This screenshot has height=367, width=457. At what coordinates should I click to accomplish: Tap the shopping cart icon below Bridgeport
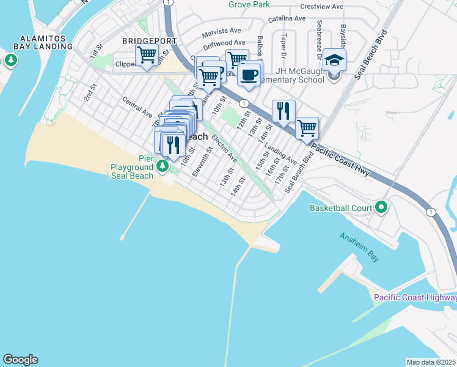(147, 56)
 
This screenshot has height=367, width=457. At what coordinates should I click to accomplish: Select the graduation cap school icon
(334, 61)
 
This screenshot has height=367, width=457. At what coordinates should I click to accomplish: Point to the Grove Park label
(249, 4)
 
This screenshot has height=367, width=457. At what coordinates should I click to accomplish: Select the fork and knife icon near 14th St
(283, 111)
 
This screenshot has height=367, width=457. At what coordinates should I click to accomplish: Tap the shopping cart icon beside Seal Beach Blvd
(306, 128)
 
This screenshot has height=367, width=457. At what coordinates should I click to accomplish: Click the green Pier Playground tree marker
(162, 166)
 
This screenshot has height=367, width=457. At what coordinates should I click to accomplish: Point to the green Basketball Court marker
(382, 208)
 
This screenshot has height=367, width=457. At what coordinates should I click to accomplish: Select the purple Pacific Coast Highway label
(415, 298)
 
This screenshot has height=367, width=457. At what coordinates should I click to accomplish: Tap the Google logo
(20, 360)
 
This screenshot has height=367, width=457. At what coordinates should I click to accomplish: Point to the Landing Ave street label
(280, 155)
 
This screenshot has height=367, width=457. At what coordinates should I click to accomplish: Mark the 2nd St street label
(90, 94)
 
